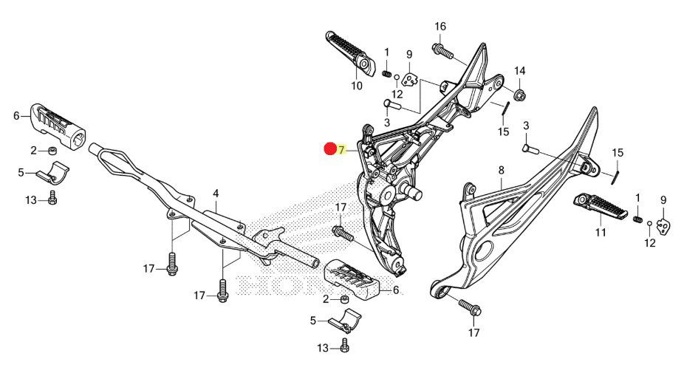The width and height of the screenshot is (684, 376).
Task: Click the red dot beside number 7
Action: coord(331,148)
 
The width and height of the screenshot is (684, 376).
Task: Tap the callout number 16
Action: coord(440,27)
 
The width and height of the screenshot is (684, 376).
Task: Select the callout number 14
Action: coord(519,71)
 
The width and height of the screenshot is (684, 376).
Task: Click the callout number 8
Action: coord(501,171)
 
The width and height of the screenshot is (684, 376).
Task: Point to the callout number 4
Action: coord(216,194)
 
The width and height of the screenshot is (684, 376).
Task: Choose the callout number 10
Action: coord(357,86)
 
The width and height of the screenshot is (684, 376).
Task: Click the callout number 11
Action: coord(601,232)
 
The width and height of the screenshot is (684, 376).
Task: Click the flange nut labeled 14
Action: coord(519,94)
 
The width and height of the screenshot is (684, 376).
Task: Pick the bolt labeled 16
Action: coord(441,51)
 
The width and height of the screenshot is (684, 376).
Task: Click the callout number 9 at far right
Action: coord(663,199)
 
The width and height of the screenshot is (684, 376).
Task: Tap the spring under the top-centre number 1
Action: coord(386,72)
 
